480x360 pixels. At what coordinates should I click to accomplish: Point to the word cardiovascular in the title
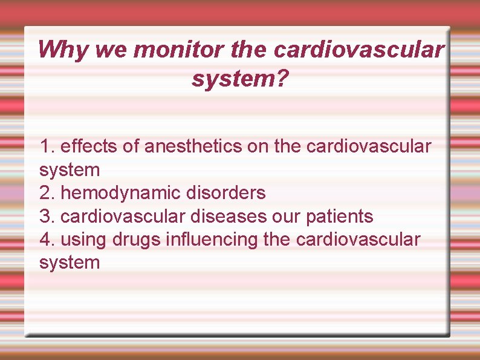click(358, 50)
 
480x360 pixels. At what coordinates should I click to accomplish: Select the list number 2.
click(47, 193)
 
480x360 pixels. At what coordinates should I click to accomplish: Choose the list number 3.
click(47, 216)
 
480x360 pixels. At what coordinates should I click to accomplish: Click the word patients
click(343, 216)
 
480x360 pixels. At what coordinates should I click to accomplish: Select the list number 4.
click(47, 239)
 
